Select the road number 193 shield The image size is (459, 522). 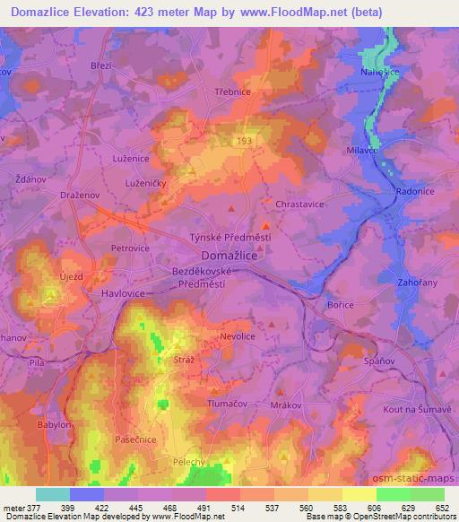click(244, 141)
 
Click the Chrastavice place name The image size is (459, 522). click(299, 204)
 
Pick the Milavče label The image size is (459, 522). click(363, 152)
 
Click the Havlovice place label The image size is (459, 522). click(98, 292)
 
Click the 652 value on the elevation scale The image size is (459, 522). click(442, 507)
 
